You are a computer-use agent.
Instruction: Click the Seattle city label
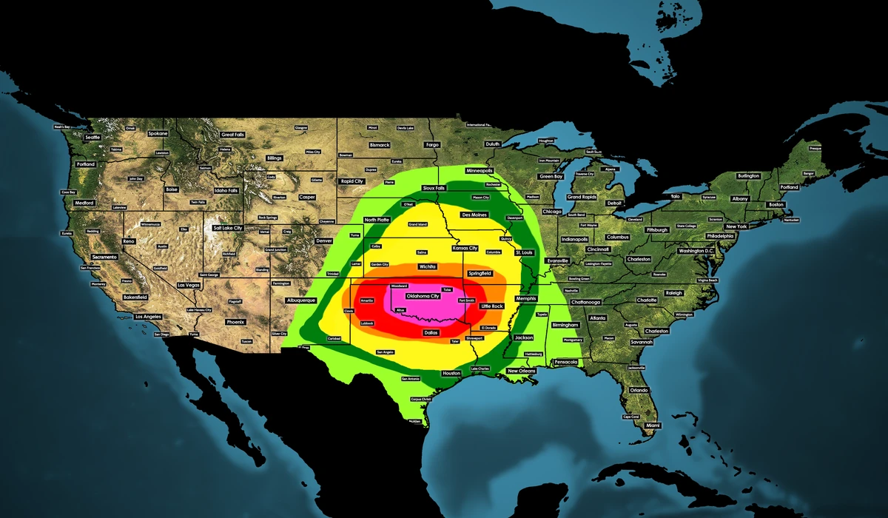[x=92, y=138]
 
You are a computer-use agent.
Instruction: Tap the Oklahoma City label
[x=423, y=296]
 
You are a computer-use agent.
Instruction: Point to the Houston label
[x=451, y=374]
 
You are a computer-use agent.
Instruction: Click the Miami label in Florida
[x=652, y=425]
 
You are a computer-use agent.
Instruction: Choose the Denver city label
[x=324, y=241]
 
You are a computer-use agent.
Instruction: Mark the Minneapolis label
[x=480, y=170]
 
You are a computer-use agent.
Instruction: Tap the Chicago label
[x=551, y=212]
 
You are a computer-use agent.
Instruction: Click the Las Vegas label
[x=188, y=285]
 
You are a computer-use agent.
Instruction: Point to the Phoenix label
[x=235, y=322]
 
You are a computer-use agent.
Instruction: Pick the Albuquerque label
[x=300, y=300]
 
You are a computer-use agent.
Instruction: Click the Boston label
[x=776, y=204]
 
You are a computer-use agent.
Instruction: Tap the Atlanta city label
[x=597, y=317]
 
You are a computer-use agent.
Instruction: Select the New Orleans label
[x=522, y=371]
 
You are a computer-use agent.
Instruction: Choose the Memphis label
[x=525, y=298]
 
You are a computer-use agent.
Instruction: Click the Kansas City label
[x=465, y=248]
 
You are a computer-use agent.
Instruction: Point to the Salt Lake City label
[x=227, y=228]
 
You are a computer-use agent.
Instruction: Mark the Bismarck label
[x=380, y=145]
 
